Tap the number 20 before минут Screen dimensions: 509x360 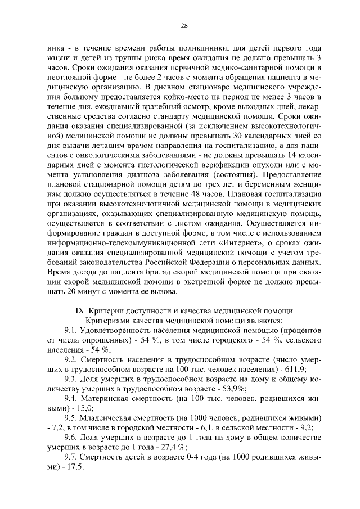(x=62, y=291)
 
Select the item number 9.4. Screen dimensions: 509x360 (x=73, y=399)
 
